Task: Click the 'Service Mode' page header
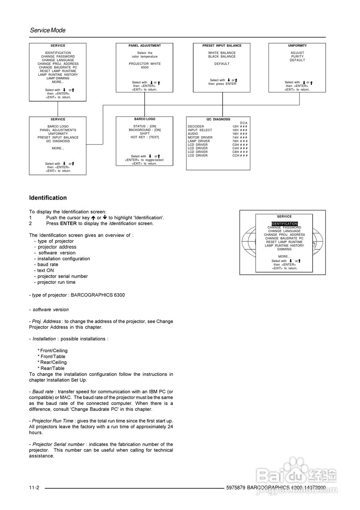coord(47,30)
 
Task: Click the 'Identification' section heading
coord(48,198)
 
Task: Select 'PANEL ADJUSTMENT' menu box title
coord(145,46)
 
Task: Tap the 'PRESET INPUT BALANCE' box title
coord(222,46)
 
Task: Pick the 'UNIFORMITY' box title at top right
coord(297,46)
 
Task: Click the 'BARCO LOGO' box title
coord(145,119)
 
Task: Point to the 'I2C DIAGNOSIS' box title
coord(218,119)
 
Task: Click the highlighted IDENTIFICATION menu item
coord(285,224)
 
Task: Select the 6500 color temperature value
coord(145,67)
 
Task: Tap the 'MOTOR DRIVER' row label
coord(200,137)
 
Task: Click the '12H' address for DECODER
coord(235,126)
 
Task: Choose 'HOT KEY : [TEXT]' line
coord(145,137)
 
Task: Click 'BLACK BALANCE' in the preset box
coord(222,57)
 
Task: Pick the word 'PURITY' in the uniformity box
coord(297,57)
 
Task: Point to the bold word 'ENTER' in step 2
coord(68,224)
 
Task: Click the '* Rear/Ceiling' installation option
coord(52,363)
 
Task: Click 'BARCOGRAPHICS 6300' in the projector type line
coord(98,295)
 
